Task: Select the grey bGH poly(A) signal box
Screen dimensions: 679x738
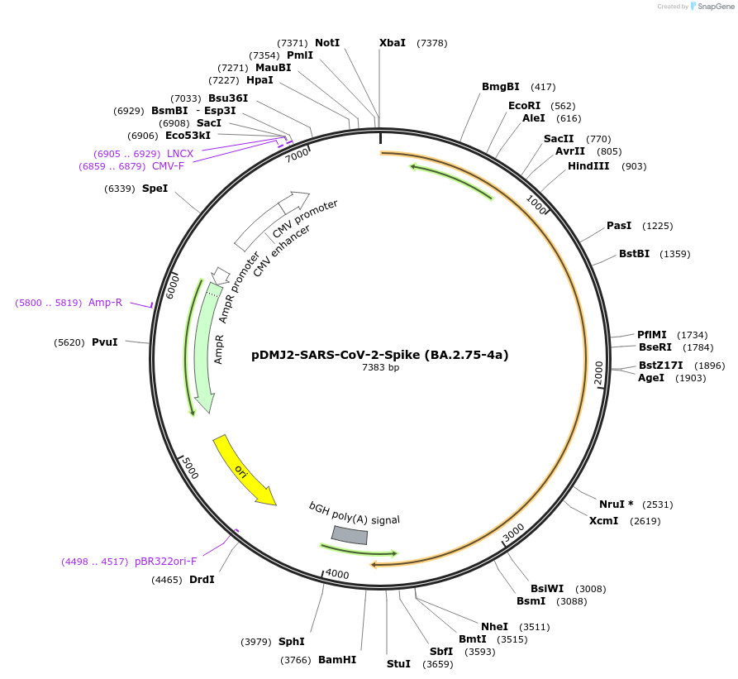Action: tap(350, 536)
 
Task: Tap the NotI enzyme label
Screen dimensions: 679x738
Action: tap(327, 43)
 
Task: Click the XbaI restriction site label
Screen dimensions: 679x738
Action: tap(393, 43)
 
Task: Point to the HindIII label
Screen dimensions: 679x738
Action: tap(588, 166)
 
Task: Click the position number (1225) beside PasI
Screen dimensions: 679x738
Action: tap(658, 226)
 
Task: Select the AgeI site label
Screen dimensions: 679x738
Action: tap(651, 378)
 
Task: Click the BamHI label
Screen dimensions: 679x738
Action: tap(337, 660)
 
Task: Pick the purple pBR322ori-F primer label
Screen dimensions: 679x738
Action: tap(166, 562)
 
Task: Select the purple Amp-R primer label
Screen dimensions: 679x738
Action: tap(105, 303)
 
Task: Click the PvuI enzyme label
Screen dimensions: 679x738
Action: tap(105, 342)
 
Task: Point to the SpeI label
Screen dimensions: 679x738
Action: tap(155, 189)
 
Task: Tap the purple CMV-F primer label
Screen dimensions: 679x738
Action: tap(168, 166)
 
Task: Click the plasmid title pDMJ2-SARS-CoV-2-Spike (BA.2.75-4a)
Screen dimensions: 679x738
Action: tap(380, 355)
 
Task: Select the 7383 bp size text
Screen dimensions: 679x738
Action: tap(380, 368)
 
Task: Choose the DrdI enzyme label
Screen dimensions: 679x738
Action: tap(202, 580)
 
